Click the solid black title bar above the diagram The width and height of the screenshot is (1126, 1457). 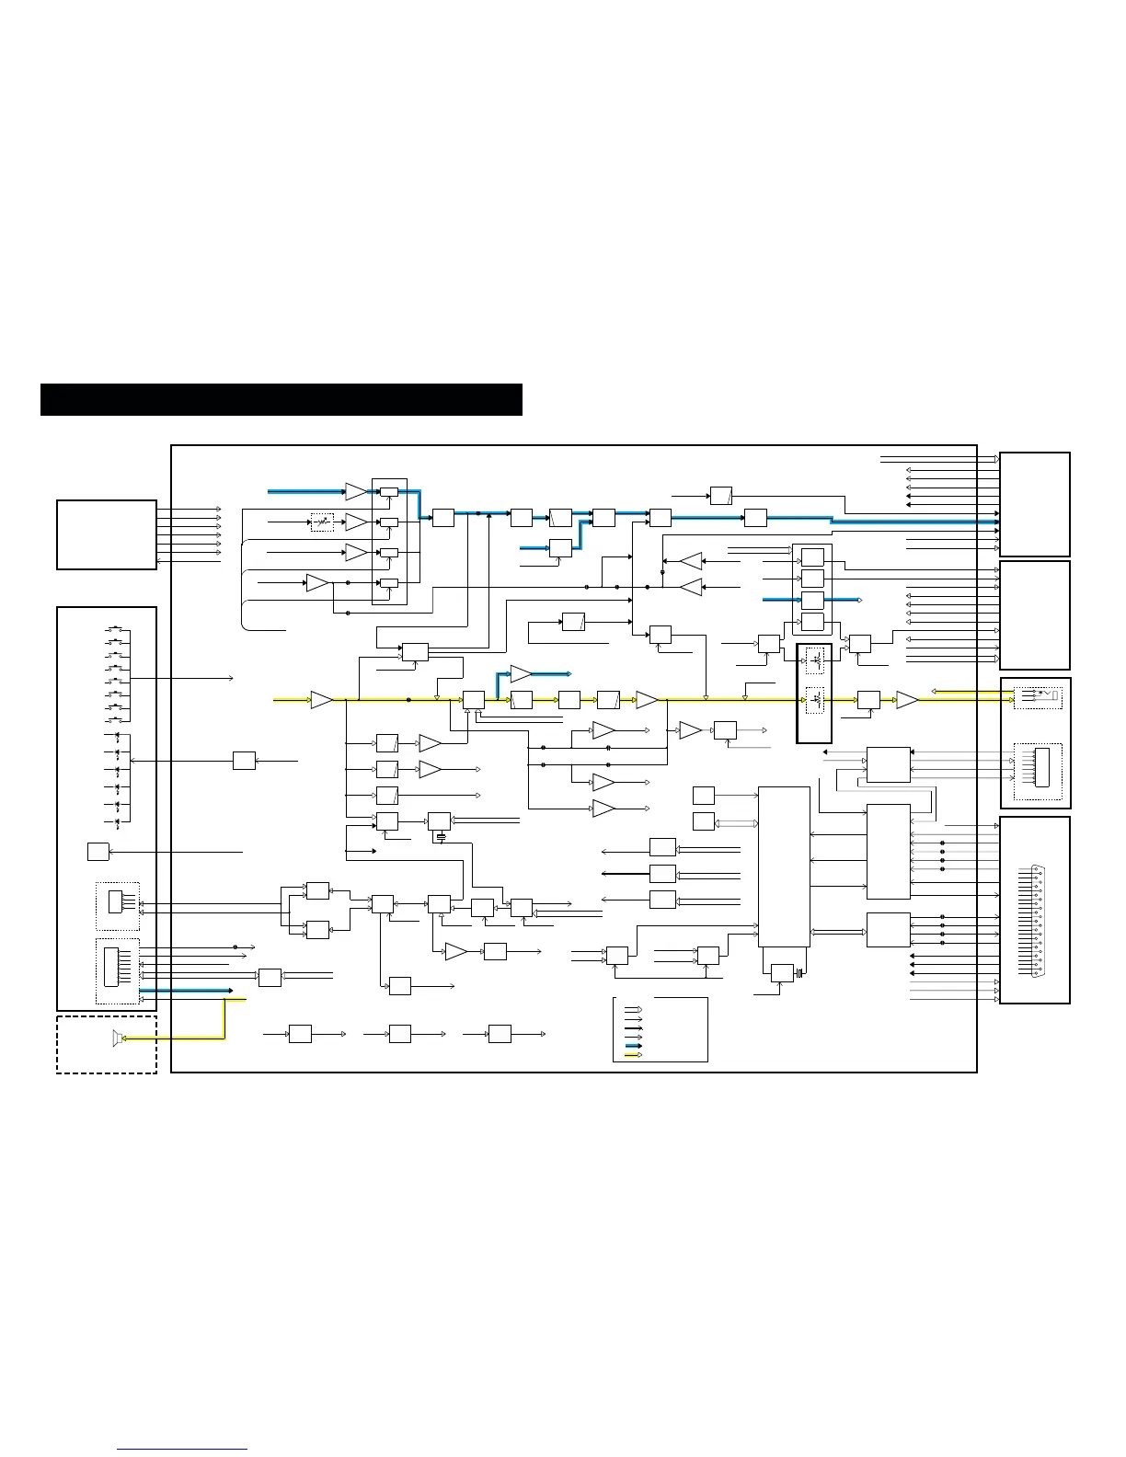(x=281, y=400)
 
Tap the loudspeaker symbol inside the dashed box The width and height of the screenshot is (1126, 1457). (x=116, y=1038)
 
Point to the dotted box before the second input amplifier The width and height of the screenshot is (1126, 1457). (x=322, y=522)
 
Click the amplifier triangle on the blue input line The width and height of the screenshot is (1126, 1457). (x=356, y=491)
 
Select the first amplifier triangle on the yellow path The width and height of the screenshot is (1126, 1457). (x=322, y=700)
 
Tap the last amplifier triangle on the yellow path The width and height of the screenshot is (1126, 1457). (x=907, y=700)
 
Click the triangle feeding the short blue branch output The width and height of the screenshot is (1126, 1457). (x=522, y=673)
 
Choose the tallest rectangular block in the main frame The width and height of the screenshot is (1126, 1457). (x=784, y=866)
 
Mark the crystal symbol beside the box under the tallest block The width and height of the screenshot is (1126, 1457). (x=800, y=973)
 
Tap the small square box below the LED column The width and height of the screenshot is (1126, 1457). (x=98, y=852)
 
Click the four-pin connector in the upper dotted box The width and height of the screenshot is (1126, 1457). (x=115, y=901)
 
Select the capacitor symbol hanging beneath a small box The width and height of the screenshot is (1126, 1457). (x=442, y=838)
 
